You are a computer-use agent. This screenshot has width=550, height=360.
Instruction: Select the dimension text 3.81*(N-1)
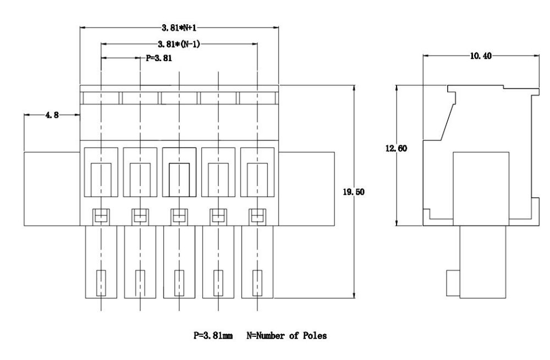coord(179,45)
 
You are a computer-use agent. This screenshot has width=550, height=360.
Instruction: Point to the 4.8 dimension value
coord(52,115)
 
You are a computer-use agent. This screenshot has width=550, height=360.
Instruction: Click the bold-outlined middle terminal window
coord(179,172)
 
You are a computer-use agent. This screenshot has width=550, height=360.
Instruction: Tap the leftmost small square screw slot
coord(101,216)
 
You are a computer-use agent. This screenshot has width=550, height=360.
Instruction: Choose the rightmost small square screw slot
coord(257,216)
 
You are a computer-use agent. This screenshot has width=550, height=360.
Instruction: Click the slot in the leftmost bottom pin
coord(101,282)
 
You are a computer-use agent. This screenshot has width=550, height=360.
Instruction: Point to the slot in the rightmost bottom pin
coord(257,282)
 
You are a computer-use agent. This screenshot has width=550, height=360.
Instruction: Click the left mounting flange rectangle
coord(52,189)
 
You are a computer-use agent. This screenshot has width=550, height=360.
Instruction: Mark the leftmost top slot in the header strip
coord(101,98)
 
